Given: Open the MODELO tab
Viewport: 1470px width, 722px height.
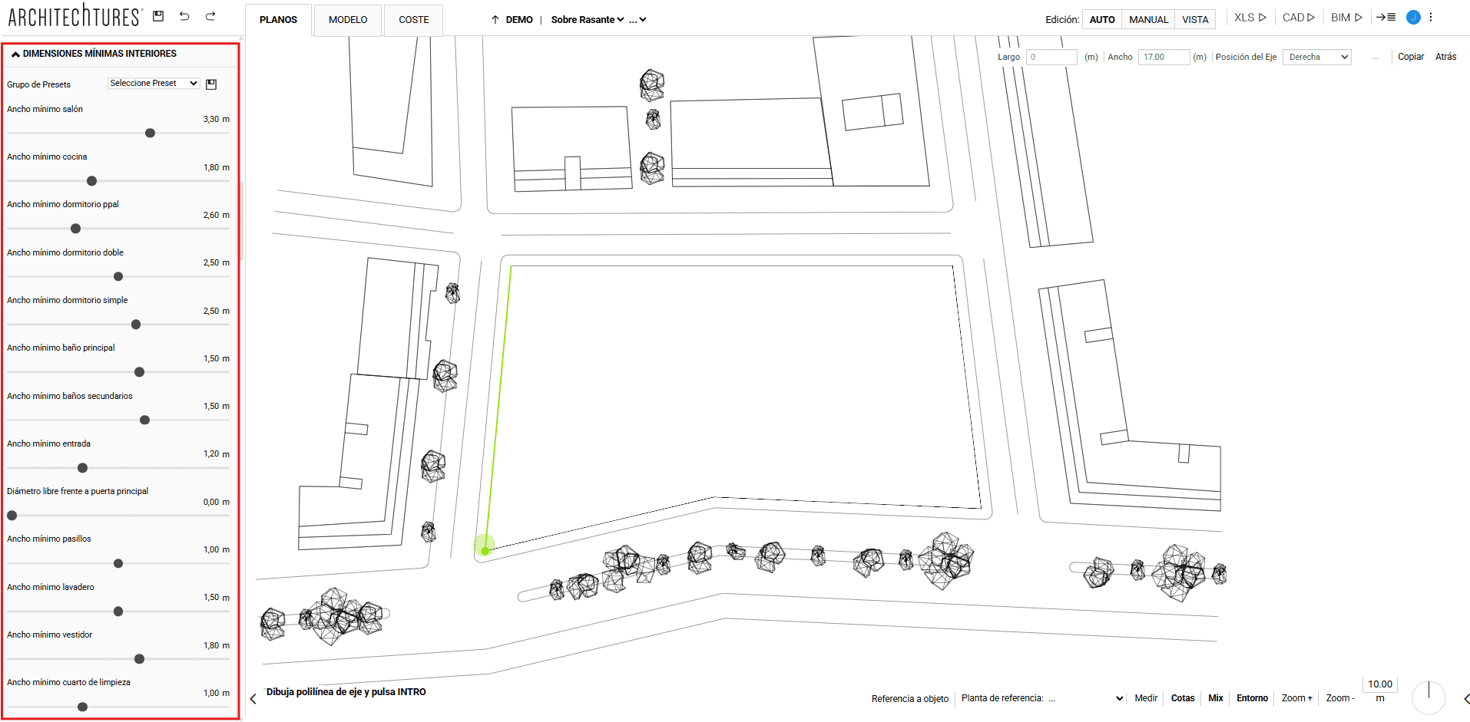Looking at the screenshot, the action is click(348, 20).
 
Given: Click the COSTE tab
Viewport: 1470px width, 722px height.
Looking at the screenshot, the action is click(414, 20).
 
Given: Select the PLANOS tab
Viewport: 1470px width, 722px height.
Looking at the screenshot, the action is click(278, 20).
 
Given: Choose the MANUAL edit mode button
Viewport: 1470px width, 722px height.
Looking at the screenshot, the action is click(1148, 19).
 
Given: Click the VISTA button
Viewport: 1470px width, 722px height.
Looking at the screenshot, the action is click(1195, 19).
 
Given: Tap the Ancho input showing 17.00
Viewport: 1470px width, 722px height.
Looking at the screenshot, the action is click(1164, 57).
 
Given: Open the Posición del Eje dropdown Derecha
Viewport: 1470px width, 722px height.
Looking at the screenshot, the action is click(1317, 57).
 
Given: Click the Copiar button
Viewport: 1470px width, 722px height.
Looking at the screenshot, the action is click(1410, 57).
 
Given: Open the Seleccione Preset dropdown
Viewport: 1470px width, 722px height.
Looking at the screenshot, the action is click(154, 83).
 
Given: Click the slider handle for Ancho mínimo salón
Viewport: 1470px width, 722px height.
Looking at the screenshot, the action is click(151, 134).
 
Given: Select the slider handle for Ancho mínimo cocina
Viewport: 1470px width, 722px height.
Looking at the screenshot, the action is click(92, 181).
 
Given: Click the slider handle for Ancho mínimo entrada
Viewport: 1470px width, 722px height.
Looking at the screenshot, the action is click(83, 468).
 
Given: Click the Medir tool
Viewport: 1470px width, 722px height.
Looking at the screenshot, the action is click(1146, 698).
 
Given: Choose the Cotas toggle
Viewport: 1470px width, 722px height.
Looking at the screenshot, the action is click(1183, 698).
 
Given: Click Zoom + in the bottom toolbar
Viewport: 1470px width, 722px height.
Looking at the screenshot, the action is click(1297, 698).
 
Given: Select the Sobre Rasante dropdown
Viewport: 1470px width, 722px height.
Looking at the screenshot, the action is click(588, 20).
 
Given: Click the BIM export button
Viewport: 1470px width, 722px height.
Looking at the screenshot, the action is click(1346, 18).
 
